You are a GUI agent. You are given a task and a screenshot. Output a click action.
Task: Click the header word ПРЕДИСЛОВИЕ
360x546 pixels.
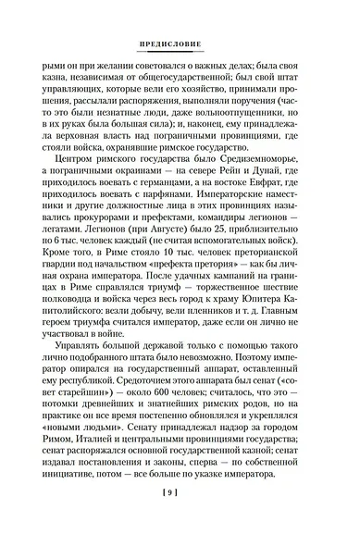coord(180,44)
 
